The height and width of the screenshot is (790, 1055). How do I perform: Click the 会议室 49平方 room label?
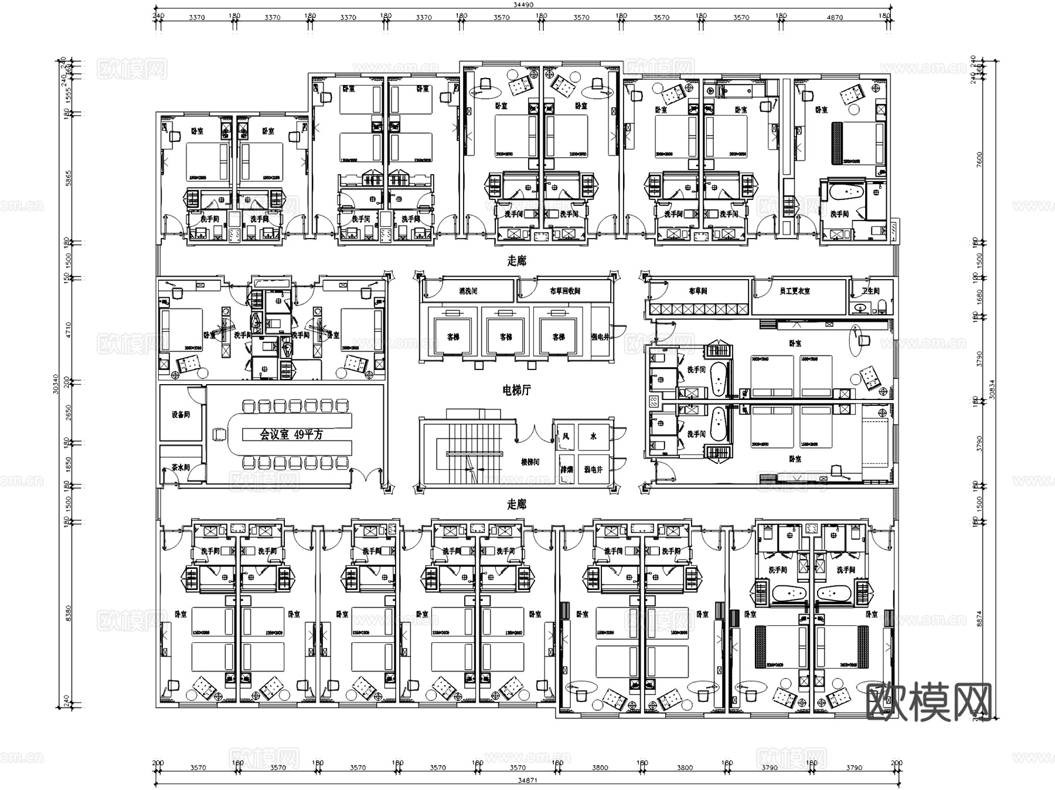click(x=291, y=435)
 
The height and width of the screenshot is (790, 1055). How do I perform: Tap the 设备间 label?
click(x=181, y=415)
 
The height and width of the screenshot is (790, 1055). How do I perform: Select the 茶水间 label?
click(x=181, y=467)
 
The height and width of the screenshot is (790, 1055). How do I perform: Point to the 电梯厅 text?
click(x=516, y=390)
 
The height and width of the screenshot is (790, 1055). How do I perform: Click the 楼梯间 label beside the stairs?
click(x=530, y=462)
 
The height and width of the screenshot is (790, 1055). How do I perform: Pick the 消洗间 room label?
click(x=468, y=291)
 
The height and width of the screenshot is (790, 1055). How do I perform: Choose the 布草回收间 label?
click(x=564, y=291)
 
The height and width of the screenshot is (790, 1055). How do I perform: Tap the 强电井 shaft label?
click(x=600, y=337)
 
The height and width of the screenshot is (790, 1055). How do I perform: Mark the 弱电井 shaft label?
click(x=593, y=470)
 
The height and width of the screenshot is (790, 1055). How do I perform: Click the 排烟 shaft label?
click(x=566, y=470)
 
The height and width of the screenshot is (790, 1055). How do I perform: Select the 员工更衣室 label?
click(x=795, y=291)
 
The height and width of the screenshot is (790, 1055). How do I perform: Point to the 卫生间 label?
click(x=870, y=291)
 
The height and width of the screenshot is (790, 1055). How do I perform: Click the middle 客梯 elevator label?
click(x=506, y=337)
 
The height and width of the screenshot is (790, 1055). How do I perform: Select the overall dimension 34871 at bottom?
click(x=527, y=781)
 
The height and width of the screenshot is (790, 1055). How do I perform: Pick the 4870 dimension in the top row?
click(x=835, y=18)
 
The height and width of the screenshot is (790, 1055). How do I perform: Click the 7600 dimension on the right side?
click(x=979, y=160)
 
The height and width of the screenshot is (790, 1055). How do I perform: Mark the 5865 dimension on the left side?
click(x=68, y=178)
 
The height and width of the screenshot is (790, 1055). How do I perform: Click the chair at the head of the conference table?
click(x=220, y=435)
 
